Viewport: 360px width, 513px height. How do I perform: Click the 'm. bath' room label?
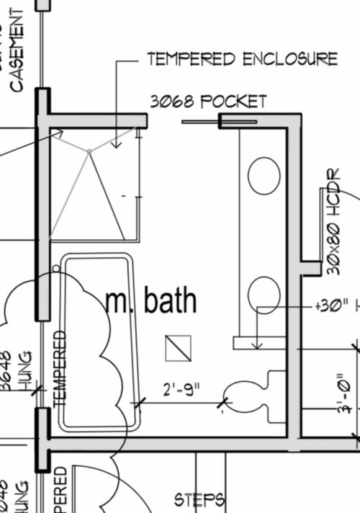151,300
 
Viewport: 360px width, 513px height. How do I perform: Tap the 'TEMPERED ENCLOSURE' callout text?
242,59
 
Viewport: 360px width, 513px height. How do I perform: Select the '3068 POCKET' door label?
208,102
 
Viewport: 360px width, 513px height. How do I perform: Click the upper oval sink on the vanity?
264,175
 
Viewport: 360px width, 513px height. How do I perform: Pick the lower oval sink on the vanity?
264,295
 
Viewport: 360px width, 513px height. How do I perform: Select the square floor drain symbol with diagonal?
177,348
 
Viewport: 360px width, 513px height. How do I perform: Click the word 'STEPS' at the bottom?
201,499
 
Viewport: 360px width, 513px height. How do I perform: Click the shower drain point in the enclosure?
89,151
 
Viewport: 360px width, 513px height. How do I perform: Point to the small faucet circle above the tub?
57,267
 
